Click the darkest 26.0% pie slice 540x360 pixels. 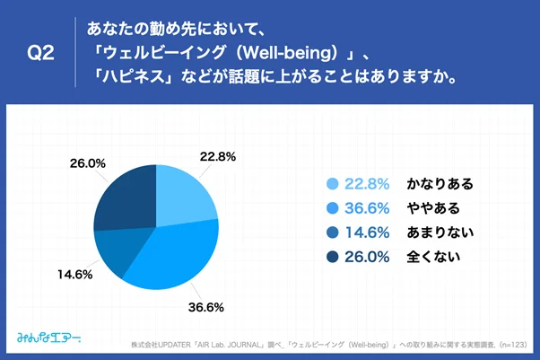point(126,194)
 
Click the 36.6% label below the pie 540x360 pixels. point(205,306)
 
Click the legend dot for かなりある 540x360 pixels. point(333,184)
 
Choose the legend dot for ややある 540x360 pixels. point(333,208)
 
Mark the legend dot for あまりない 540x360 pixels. point(333,233)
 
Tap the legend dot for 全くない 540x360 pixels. point(333,257)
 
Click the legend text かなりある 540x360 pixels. point(440,184)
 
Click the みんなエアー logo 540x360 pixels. point(49,338)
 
